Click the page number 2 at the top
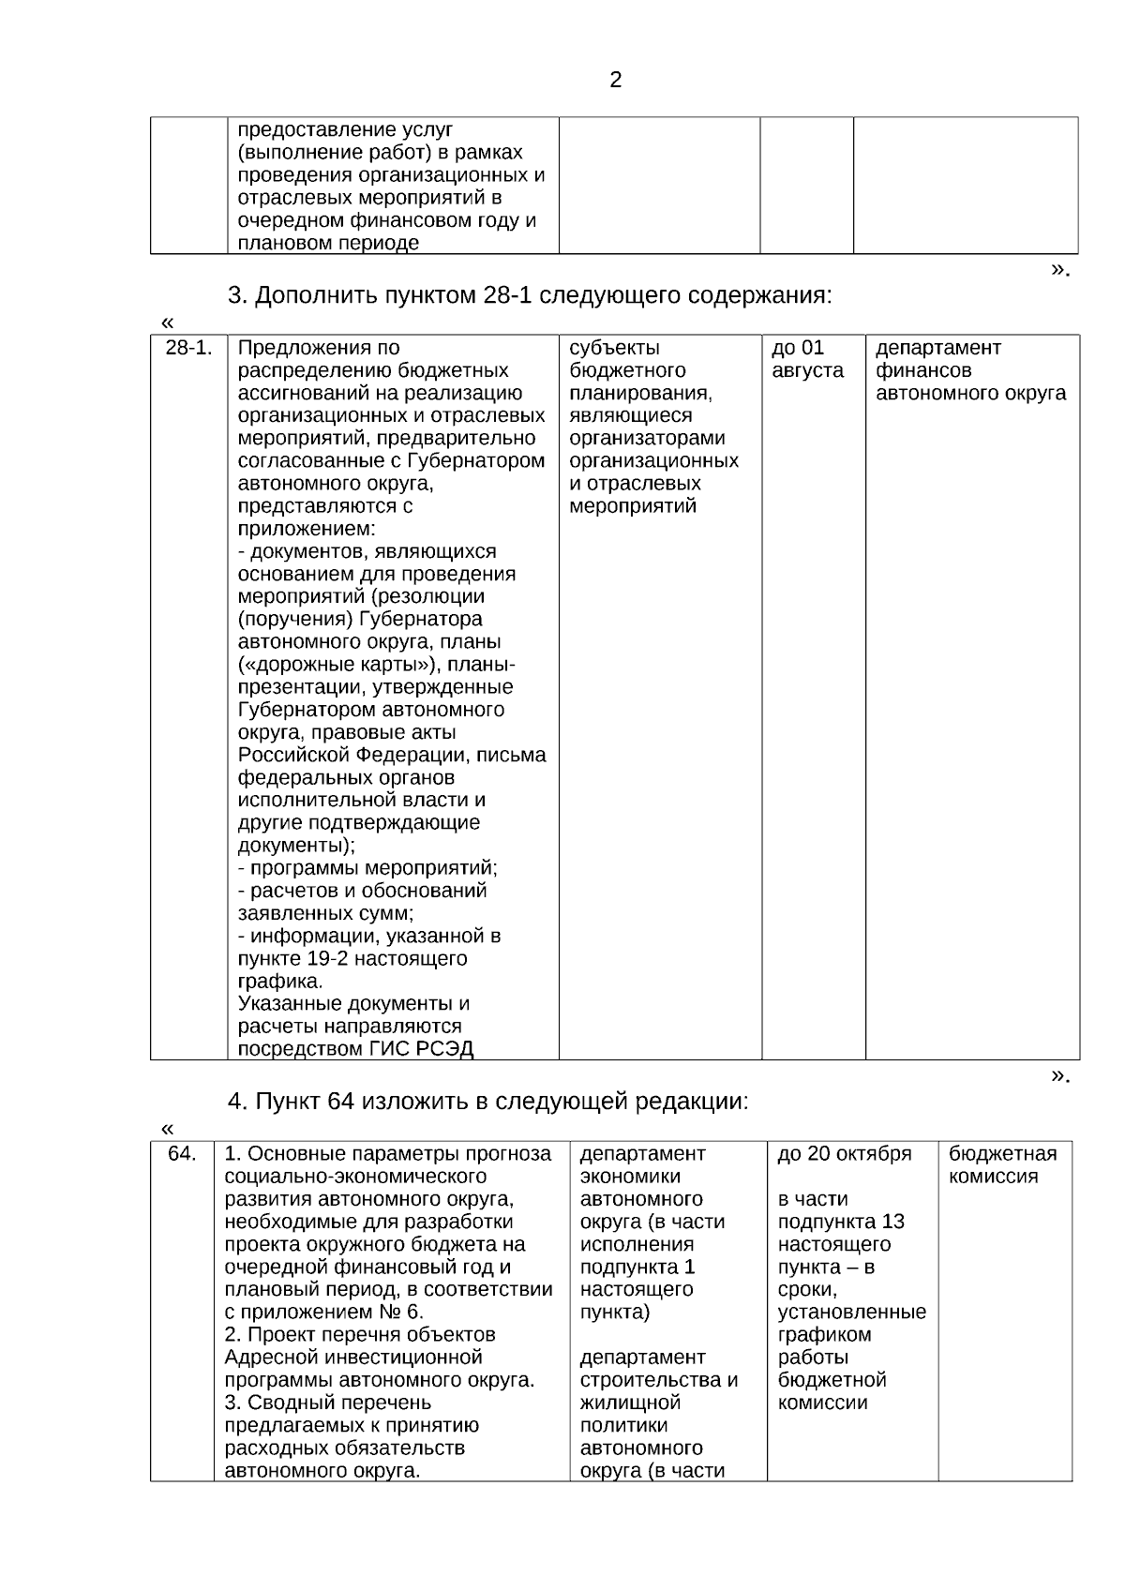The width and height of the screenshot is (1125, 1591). (x=615, y=81)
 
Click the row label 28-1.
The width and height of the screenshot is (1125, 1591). (x=188, y=349)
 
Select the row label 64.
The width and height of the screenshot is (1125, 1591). (x=182, y=1154)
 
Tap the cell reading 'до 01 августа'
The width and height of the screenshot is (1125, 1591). (x=807, y=359)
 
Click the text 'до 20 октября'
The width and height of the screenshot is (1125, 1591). (x=845, y=1154)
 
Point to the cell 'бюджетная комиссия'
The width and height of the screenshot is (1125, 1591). (x=1002, y=1165)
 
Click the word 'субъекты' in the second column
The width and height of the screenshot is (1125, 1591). (x=614, y=349)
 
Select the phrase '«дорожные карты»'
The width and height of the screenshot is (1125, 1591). (x=338, y=665)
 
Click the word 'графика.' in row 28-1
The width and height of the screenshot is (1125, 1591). (x=279, y=982)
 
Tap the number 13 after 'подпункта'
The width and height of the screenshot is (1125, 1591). (x=892, y=1222)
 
